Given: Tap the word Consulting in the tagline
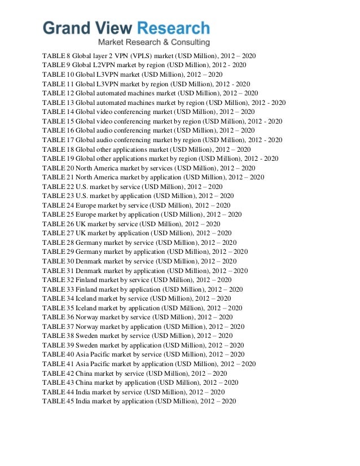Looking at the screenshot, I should point(190,43).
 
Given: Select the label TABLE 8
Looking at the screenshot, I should point(54,56).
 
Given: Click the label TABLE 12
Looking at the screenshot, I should point(56,93).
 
